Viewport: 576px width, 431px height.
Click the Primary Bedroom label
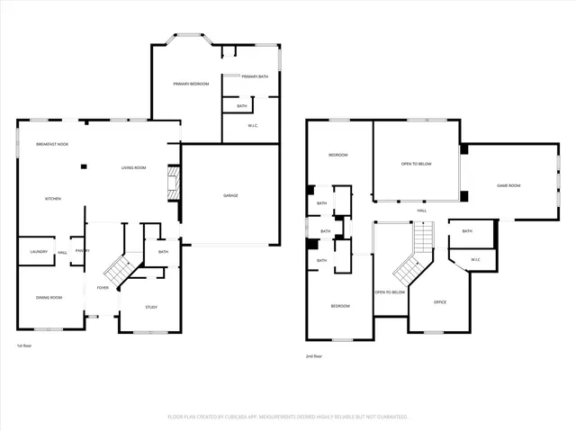pyautogui.click(x=191, y=84)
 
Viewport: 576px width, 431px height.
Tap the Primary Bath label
pyautogui.click(x=255, y=76)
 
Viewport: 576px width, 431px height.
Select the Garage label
pyautogui.click(x=230, y=195)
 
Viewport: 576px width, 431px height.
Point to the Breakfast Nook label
pyautogui.click(x=52, y=144)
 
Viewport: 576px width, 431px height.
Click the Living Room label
pyautogui.click(x=134, y=168)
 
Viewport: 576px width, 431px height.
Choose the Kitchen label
pyautogui.click(x=53, y=198)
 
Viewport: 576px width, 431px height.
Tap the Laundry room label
pyautogui.click(x=38, y=251)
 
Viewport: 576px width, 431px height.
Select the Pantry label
pyautogui.click(x=82, y=251)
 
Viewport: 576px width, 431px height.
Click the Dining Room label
pyautogui.click(x=49, y=297)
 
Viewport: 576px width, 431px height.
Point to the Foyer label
pyautogui.click(x=103, y=288)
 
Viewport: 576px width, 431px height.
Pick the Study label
pyautogui.click(x=151, y=308)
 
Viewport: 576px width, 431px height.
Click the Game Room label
pyautogui.click(x=509, y=185)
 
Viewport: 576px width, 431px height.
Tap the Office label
pyautogui.click(x=440, y=301)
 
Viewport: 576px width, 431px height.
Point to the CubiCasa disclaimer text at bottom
pyautogui.click(x=288, y=417)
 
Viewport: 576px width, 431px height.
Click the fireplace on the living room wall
pyautogui.click(x=169, y=184)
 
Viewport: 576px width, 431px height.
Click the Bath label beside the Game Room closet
pyautogui.click(x=467, y=231)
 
